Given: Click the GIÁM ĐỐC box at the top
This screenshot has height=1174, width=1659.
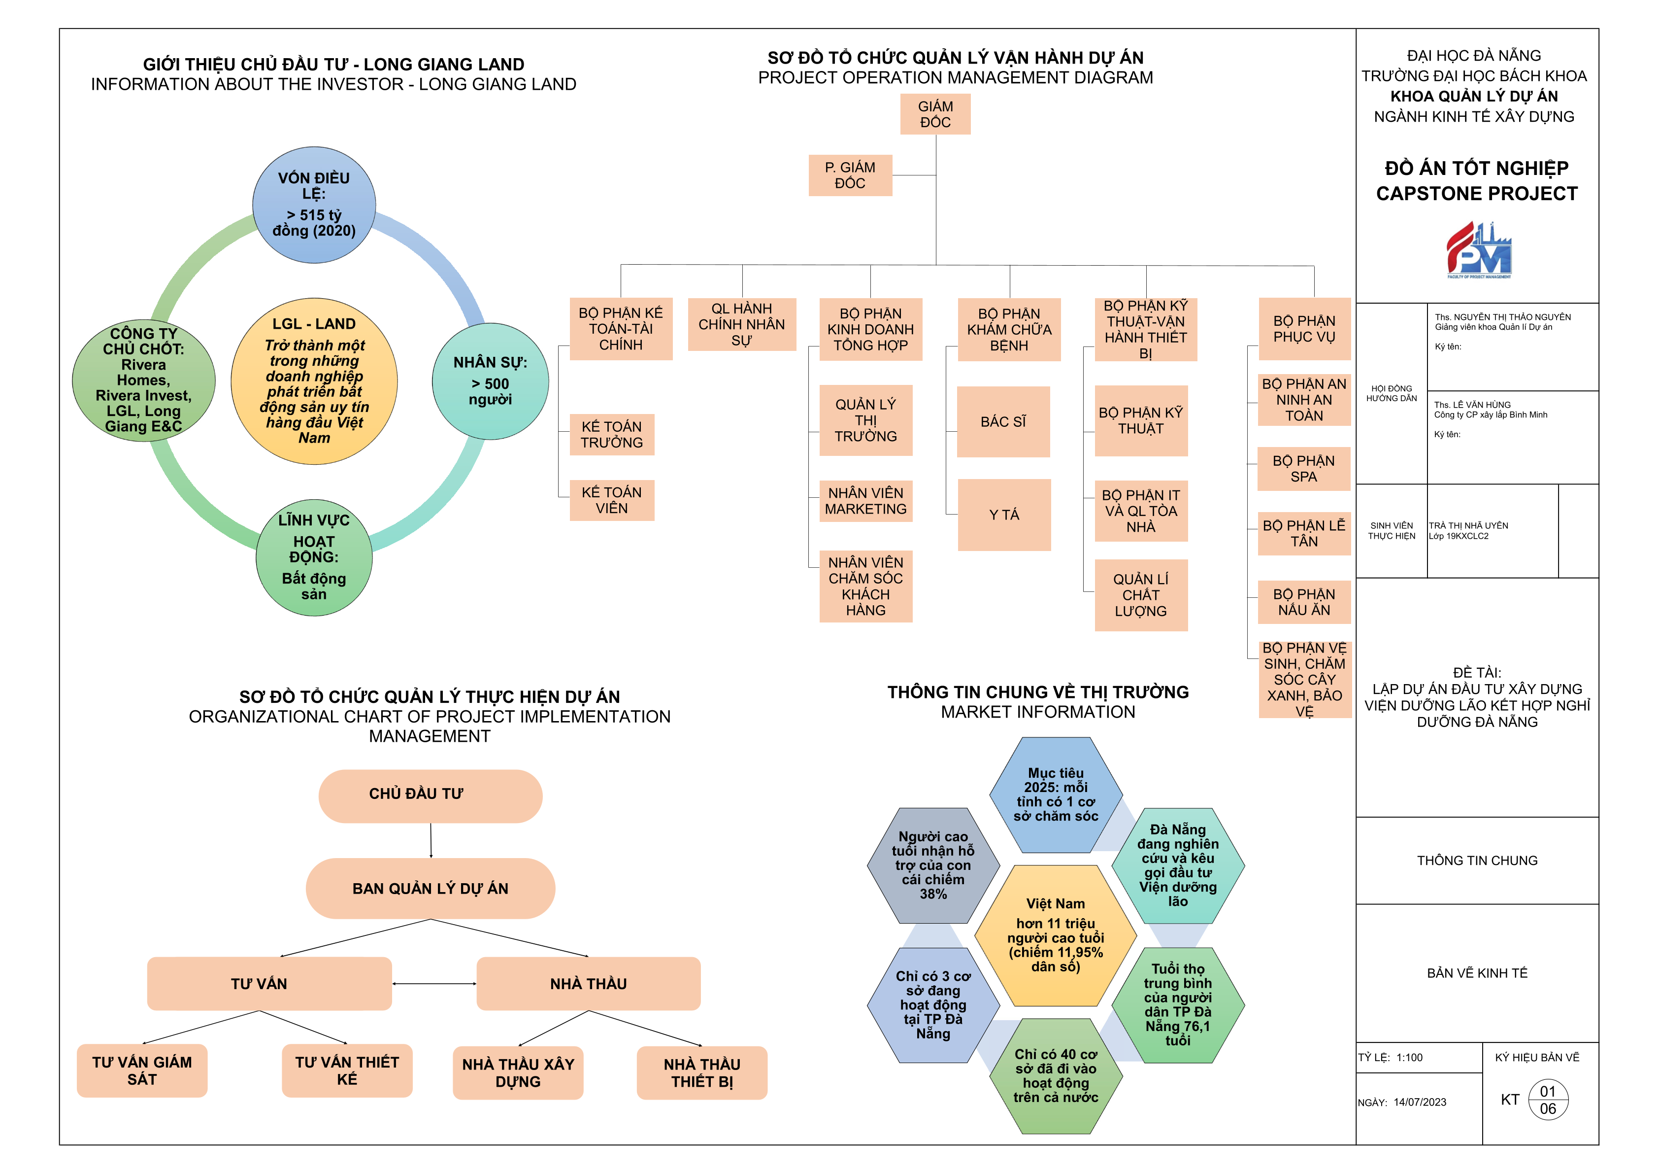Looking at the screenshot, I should (935, 114).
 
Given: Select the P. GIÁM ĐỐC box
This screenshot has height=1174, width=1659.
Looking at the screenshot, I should (850, 175).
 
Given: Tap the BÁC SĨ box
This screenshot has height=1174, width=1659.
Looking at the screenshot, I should (1003, 421).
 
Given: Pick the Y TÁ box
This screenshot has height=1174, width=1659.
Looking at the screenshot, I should (1004, 515).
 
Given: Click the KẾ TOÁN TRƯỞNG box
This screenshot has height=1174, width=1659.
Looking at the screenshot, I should (611, 435).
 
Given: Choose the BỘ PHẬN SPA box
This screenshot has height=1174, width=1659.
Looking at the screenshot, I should (1303, 468).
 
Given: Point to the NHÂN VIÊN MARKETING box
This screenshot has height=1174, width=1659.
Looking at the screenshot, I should (865, 501).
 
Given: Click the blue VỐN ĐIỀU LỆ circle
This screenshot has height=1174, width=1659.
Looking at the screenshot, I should (314, 205).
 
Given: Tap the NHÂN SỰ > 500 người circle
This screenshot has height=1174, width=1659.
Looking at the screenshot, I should (490, 381).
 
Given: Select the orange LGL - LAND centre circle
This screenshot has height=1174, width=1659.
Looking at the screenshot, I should (314, 381).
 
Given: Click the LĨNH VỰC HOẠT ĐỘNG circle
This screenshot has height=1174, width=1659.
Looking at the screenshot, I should (314, 557).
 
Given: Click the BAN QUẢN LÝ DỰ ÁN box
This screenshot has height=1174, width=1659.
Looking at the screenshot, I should (430, 889).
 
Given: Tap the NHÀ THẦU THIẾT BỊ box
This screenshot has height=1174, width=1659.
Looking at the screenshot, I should (701, 1073).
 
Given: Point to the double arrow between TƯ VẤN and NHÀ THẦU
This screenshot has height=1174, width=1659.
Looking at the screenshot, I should (433, 984).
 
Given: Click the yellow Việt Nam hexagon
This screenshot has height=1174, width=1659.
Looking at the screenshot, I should (1055, 935).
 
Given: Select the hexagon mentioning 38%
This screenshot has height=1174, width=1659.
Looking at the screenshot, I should (933, 865).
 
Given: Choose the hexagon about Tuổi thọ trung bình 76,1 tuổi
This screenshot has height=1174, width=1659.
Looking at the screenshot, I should (1177, 1005).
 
